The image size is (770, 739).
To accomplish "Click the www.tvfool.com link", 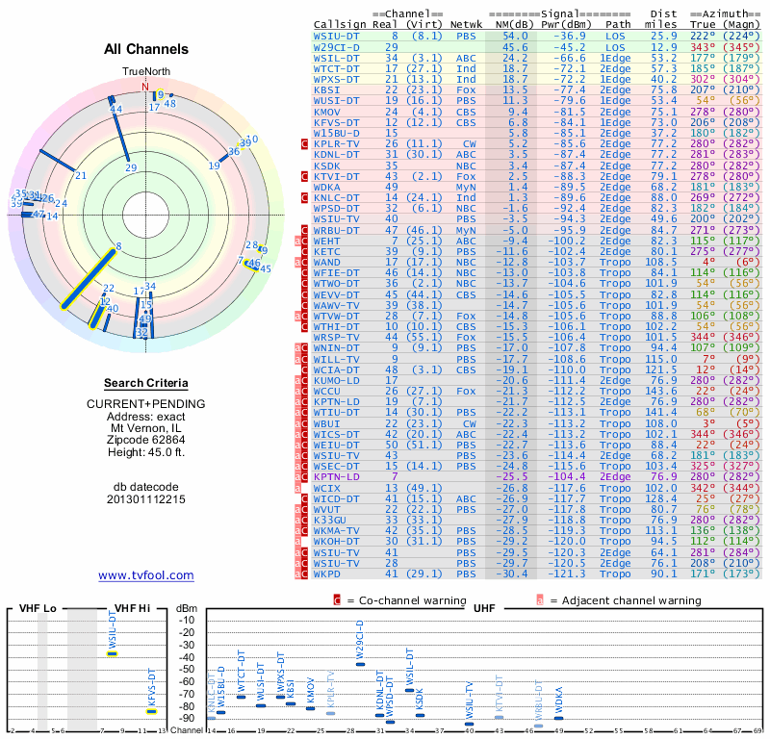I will pyautogui.click(x=145, y=575).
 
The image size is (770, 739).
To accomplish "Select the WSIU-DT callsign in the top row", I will pyautogui.click(x=337, y=35).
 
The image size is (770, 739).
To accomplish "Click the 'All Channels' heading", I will pyautogui.click(x=146, y=49).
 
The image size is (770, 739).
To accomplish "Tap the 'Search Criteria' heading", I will pyautogui.click(x=146, y=382).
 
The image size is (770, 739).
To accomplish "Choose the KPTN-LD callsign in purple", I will pyautogui.click(x=337, y=476).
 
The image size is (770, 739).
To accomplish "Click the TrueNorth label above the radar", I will pyautogui.click(x=145, y=72).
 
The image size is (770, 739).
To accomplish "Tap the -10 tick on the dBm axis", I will pyautogui.click(x=185, y=620).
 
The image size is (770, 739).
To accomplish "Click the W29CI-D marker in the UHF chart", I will pyautogui.click(x=360, y=664).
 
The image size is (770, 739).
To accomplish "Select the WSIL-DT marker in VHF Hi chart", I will pyautogui.click(x=113, y=653).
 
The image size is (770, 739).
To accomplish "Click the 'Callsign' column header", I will pyautogui.click(x=340, y=24).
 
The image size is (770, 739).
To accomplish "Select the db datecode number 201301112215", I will pyautogui.click(x=146, y=499).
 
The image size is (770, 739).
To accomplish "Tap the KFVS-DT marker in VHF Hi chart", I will pyautogui.click(x=151, y=711).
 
